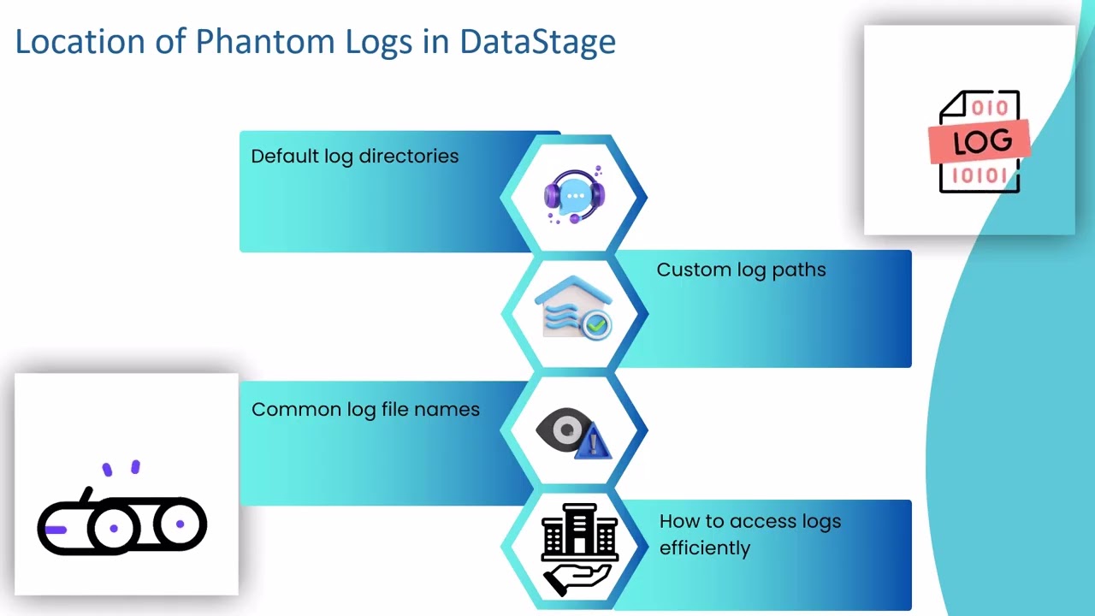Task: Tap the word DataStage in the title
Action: [x=537, y=42]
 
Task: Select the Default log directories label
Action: [x=354, y=157]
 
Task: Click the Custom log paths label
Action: [x=741, y=269]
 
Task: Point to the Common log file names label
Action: [x=365, y=410]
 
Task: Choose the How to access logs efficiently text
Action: [x=749, y=535]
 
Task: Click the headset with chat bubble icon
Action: [x=574, y=196]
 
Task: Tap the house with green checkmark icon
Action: [x=573, y=308]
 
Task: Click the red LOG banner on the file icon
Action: [x=980, y=142]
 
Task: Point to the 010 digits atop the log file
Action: [x=990, y=108]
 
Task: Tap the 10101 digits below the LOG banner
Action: [x=980, y=176]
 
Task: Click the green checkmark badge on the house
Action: [x=597, y=325]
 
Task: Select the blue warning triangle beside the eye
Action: [x=594, y=443]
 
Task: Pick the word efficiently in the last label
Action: [x=704, y=548]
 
